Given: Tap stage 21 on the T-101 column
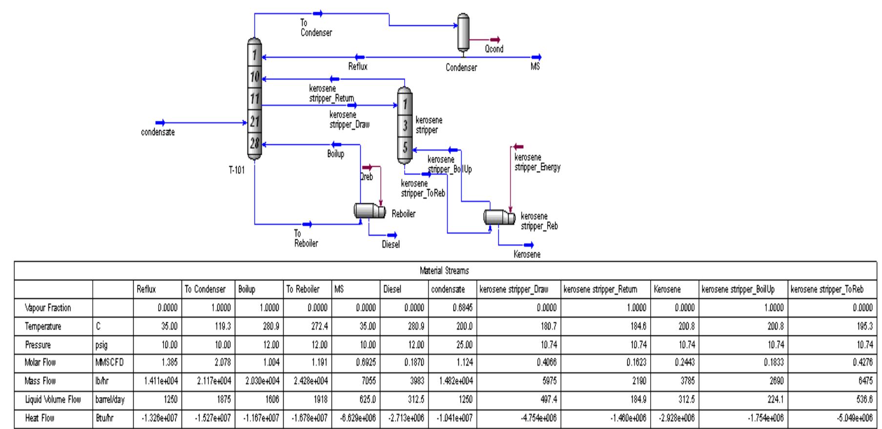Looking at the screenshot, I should click(x=254, y=121).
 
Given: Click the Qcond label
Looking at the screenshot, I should click(x=494, y=49).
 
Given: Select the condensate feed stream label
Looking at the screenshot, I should click(x=158, y=133).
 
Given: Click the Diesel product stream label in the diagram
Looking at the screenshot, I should click(x=390, y=245).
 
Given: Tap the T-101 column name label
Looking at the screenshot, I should click(x=237, y=170).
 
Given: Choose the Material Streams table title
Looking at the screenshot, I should click(x=444, y=271).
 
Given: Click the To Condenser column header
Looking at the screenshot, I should click(x=205, y=290).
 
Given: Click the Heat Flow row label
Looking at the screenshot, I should click(x=40, y=418).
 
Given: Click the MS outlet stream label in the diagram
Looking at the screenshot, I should click(x=535, y=67).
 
